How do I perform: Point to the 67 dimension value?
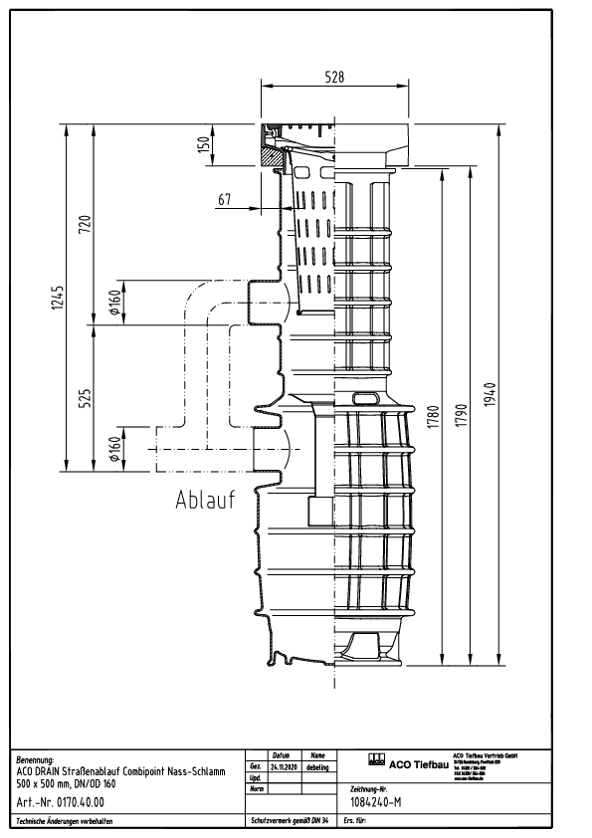coord(225,200)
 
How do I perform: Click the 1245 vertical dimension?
coord(59,299)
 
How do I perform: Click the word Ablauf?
coord(205,501)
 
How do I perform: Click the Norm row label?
coord(256,788)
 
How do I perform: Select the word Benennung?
coord(37,758)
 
